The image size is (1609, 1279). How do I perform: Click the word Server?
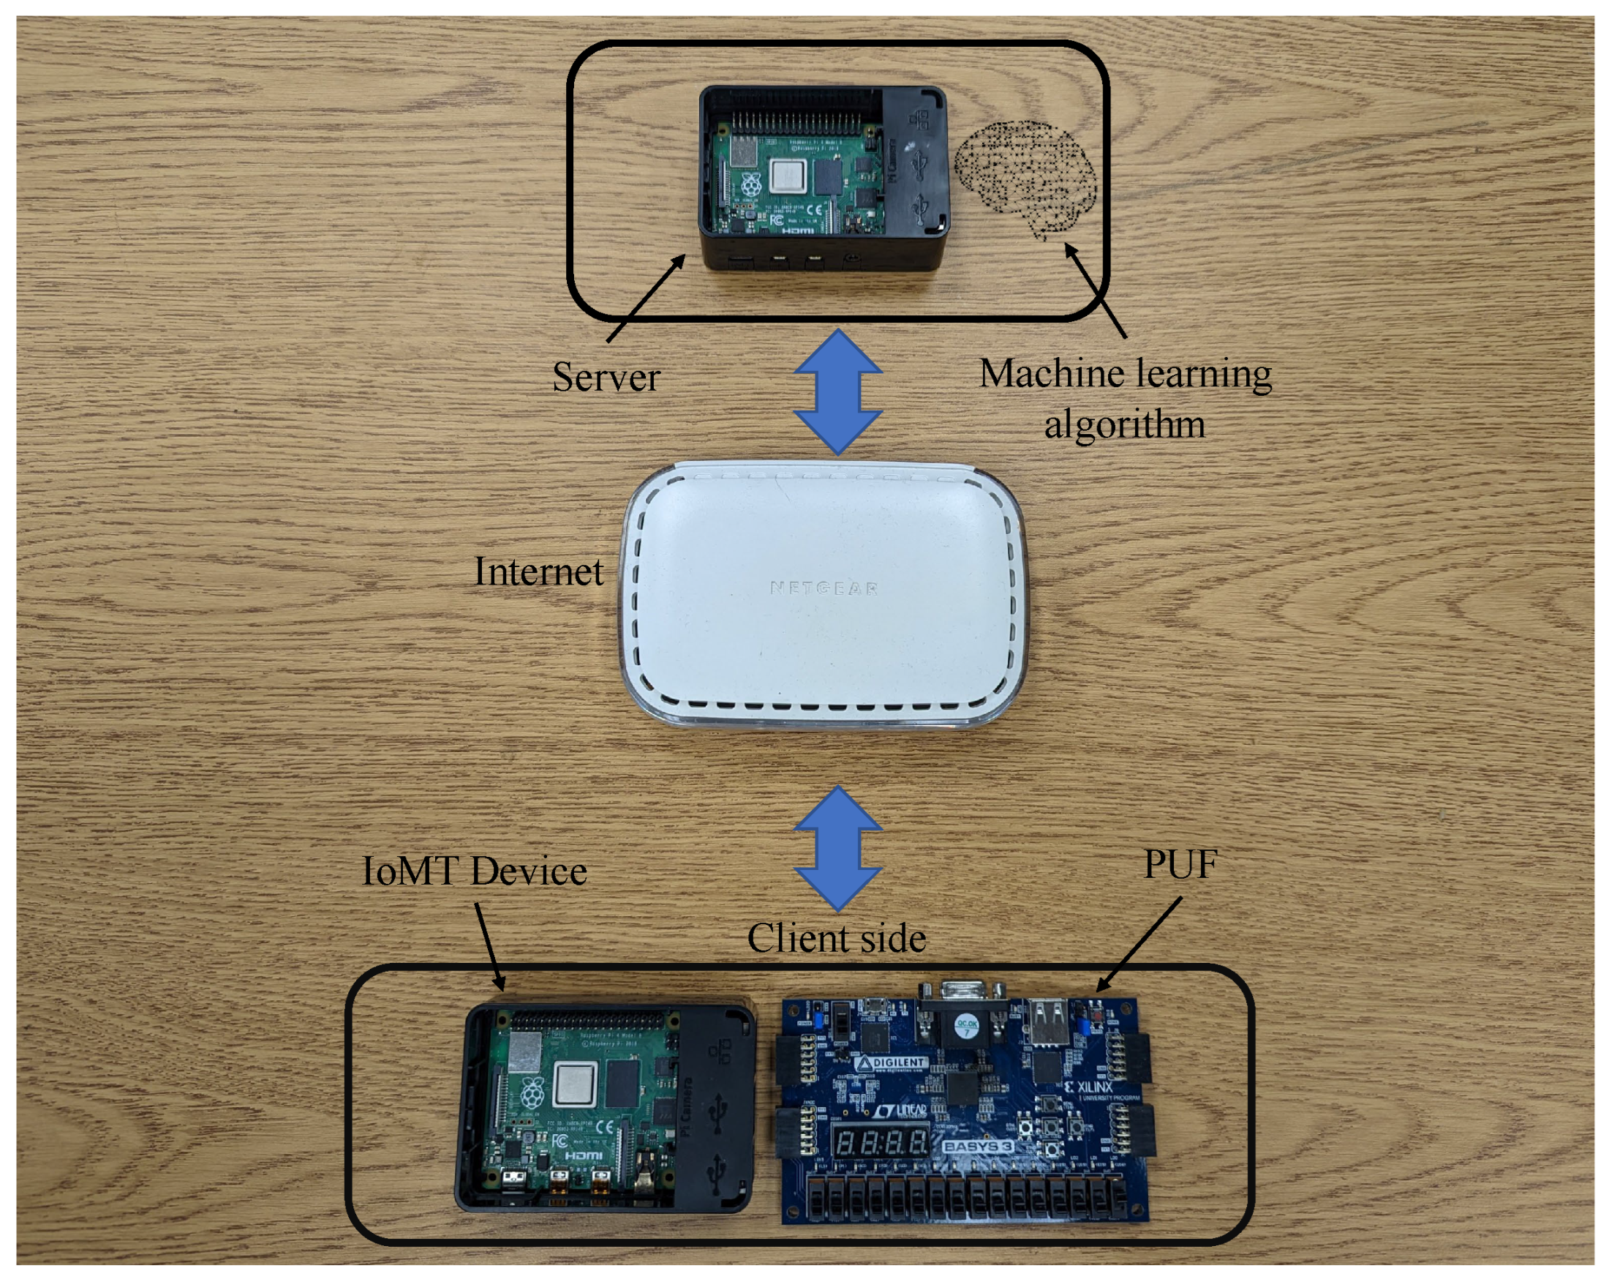(x=606, y=378)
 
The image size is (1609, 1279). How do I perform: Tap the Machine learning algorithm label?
(x=1126, y=399)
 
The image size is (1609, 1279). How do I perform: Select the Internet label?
(x=538, y=573)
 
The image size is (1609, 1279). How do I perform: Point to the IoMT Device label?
(x=475, y=871)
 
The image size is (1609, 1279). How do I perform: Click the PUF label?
(x=1180, y=865)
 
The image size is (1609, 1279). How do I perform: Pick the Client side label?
(x=837, y=939)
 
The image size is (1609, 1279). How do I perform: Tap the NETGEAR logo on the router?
(x=824, y=588)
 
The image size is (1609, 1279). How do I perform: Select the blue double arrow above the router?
(x=838, y=392)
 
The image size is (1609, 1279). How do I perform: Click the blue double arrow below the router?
(x=838, y=848)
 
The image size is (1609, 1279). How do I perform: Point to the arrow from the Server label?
(x=646, y=299)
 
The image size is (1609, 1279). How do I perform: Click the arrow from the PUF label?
(x=1139, y=945)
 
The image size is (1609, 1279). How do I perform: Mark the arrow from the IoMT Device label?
(x=489, y=946)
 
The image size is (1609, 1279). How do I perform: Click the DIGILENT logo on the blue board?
(x=892, y=1062)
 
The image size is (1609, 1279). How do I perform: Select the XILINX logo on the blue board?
(x=1089, y=1087)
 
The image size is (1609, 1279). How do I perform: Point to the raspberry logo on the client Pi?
(x=532, y=1093)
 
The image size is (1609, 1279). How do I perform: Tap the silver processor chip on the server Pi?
(x=788, y=177)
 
